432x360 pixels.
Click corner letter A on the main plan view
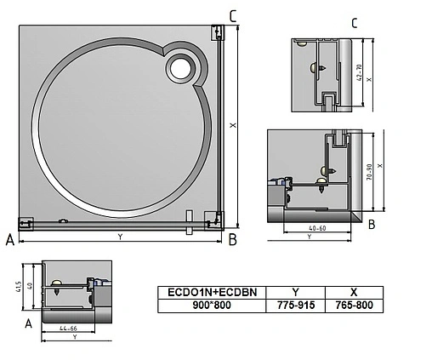(9, 241)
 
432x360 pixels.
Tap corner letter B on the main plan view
(232, 240)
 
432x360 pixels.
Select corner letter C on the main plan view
(234, 15)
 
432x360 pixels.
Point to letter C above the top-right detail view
(354, 22)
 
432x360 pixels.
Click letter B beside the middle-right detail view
(372, 225)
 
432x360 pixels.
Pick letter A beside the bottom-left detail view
(30, 323)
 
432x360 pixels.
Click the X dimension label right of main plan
(232, 125)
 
